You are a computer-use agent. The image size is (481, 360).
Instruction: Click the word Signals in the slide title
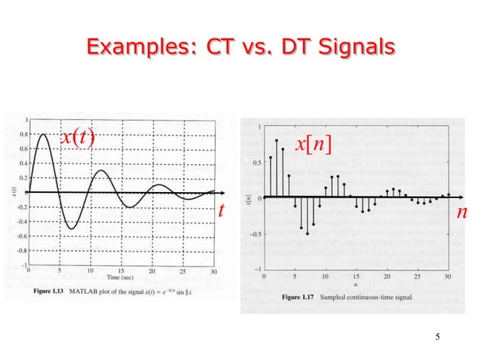click(351, 47)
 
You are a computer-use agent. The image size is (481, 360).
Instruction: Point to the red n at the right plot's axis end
click(462, 213)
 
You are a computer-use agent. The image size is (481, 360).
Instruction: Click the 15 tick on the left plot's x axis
click(121, 271)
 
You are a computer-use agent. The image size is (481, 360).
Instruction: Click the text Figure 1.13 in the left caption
click(53, 290)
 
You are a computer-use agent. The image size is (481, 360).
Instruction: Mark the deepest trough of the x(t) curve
click(70, 228)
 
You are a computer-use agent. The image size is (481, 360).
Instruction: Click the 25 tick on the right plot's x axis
click(417, 276)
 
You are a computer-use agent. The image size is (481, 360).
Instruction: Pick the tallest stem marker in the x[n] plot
click(277, 140)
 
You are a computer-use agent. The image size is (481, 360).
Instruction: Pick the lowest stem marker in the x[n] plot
click(308, 233)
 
